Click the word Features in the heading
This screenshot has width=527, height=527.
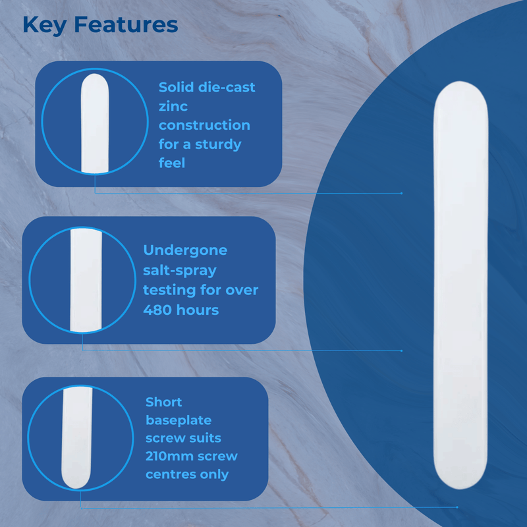pos(126,24)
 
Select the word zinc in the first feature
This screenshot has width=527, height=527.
pos(173,106)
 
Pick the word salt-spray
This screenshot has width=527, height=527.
pos(180,270)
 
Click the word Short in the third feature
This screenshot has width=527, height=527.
pos(163,402)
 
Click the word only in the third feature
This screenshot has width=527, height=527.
pos(215,474)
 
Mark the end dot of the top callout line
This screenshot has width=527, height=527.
pos(401,193)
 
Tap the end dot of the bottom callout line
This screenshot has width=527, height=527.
pos(457,507)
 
